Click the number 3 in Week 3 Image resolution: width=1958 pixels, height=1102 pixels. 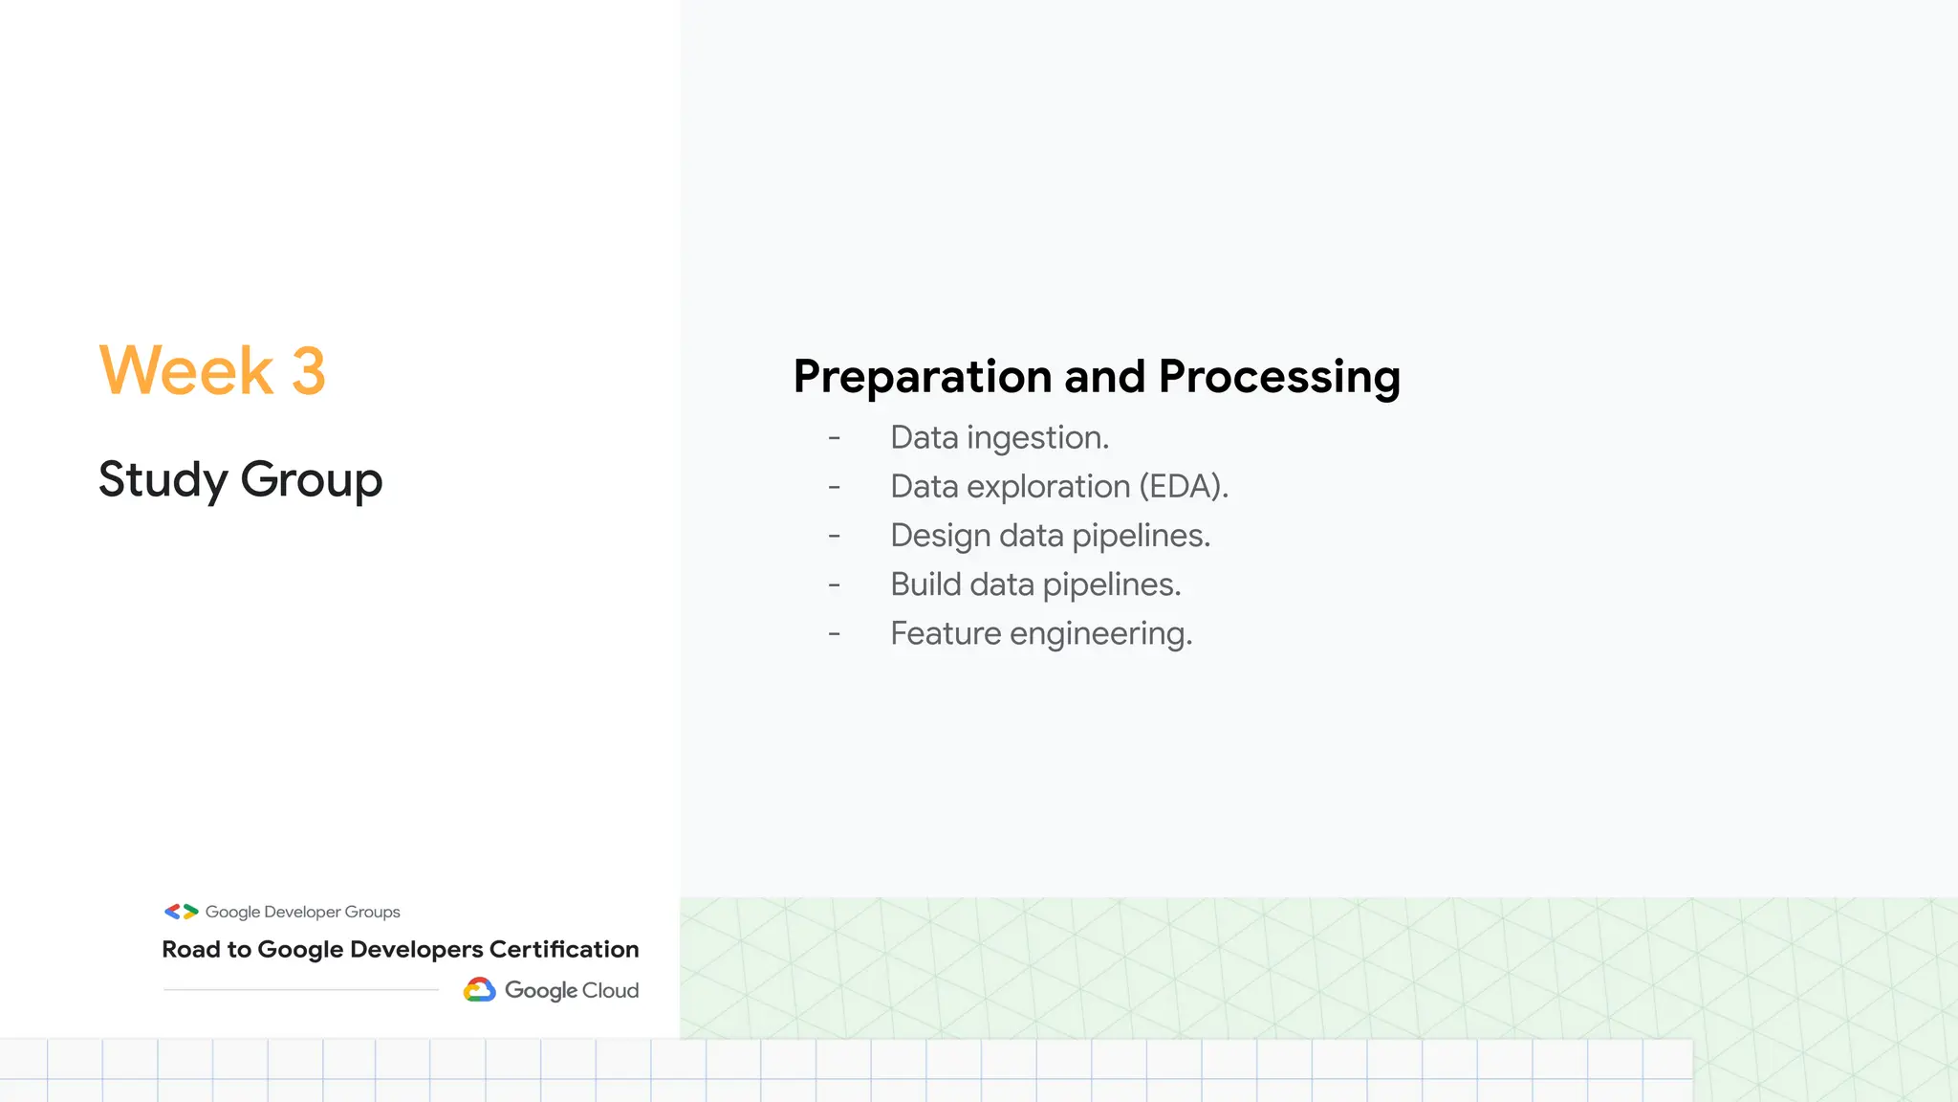(x=308, y=371)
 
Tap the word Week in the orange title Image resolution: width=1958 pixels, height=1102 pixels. (x=186, y=371)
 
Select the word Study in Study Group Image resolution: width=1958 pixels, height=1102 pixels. (x=163, y=480)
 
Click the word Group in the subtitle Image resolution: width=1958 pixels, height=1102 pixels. (x=312, y=480)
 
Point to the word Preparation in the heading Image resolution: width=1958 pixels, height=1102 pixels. (x=922, y=377)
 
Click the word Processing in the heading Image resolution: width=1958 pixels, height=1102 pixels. (x=1279, y=377)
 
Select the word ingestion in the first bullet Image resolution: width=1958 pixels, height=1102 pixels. (x=1037, y=438)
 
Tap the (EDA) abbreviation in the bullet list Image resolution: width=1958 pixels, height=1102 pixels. (x=1183, y=487)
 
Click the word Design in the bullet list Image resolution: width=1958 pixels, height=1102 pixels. (x=939, y=536)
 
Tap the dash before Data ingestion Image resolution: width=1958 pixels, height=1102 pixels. (x=835, y=438)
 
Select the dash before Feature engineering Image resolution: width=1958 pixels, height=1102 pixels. (x=835, y=633)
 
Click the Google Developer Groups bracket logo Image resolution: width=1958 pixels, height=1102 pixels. (x=181, y=912)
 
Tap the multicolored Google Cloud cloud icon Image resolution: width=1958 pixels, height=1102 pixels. (x=480, y=990)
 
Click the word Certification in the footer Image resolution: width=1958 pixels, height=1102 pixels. (x=563, y=949)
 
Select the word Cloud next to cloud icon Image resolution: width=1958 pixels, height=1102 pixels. (x=610, y=990)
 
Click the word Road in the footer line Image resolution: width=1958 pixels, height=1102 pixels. (x=190, y=949)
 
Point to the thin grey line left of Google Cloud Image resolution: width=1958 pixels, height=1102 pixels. (x=301, y=989)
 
